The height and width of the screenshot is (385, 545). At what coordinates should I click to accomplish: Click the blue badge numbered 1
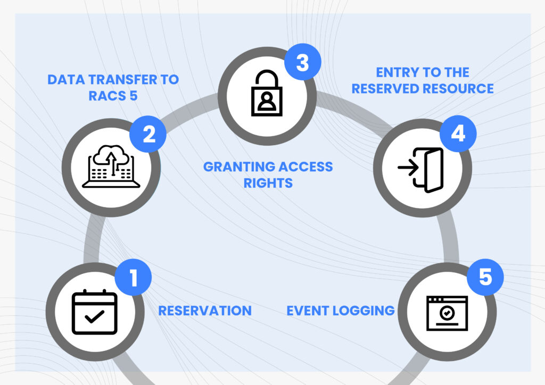[133, 277]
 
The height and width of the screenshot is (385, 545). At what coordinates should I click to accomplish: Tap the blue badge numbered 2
[148, 134]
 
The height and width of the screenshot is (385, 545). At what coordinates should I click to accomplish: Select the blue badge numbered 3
[303, 62]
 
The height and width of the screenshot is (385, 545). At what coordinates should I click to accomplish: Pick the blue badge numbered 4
[458, 133]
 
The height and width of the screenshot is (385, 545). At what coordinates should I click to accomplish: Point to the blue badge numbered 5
[485, 277]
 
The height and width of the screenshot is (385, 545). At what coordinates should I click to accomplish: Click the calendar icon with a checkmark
[95, 312]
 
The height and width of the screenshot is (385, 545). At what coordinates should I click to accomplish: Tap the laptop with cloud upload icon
[111, 166]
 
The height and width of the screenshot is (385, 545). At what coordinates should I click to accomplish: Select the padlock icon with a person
[267, 93]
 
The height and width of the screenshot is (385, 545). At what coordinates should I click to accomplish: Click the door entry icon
[421, 170]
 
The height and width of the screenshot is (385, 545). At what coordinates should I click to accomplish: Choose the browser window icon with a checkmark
[447, 314]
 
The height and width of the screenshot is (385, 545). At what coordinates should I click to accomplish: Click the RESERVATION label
[205, 311]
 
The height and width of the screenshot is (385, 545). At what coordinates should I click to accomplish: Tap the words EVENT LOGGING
[341, 311]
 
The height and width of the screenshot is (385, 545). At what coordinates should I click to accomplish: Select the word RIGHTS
[268, 183]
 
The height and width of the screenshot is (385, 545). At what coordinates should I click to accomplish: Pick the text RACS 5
[113, 96]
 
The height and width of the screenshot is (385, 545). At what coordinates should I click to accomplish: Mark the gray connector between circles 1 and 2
[92, 239]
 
